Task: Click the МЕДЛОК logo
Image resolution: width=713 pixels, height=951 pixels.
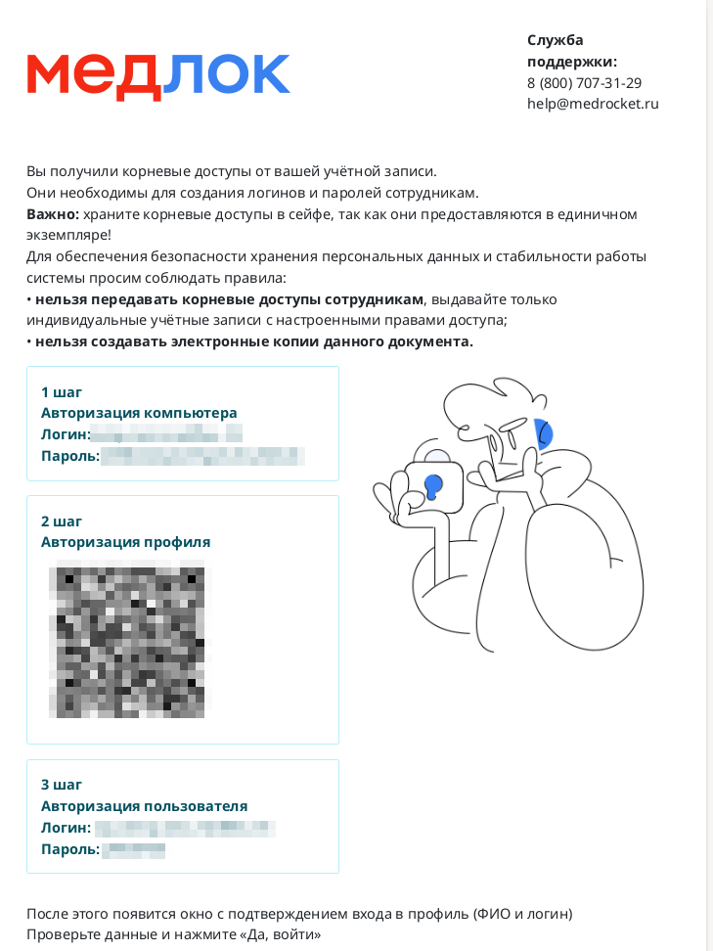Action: point(158,75)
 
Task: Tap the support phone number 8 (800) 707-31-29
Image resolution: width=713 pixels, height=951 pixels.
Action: point(584,82)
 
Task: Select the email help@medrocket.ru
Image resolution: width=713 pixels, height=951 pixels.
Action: point(593,103)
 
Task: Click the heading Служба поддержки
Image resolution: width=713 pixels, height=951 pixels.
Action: point(572,51)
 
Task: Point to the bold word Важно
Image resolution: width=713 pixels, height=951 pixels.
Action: point(52,213)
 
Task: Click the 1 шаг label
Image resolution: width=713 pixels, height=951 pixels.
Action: point(62,391)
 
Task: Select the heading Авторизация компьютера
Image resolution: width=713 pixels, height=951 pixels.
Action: point(139,413)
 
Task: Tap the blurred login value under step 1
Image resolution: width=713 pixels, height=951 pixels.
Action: point(166,434)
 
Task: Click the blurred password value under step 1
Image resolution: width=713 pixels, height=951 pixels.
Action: point(202,456)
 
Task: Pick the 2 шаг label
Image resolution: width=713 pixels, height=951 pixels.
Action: point(62,521)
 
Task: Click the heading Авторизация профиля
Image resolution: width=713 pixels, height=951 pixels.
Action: point(125,542)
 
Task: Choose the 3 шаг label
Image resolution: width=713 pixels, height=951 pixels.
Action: point(62,785)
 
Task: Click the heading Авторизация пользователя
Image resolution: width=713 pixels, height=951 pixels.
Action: point(144,806)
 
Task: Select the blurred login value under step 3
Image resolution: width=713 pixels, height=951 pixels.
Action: point(184,828)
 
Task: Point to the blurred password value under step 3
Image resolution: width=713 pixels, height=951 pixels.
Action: point(133,849)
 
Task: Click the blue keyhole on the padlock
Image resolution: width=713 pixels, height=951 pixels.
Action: point(432,486)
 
